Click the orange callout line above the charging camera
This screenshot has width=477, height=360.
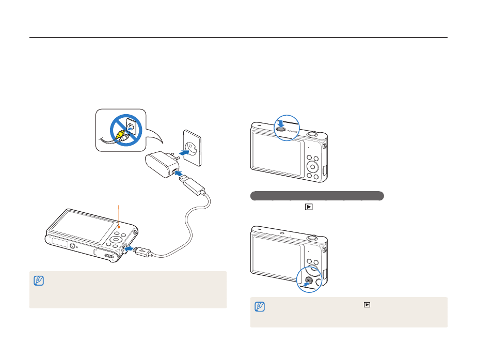pyautogui.click(x=119, y=215)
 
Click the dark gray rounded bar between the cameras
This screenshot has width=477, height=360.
pyautogui.click(x=316, y=196)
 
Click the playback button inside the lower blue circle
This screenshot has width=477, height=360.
pyautogui.click(x=307, y=282)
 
